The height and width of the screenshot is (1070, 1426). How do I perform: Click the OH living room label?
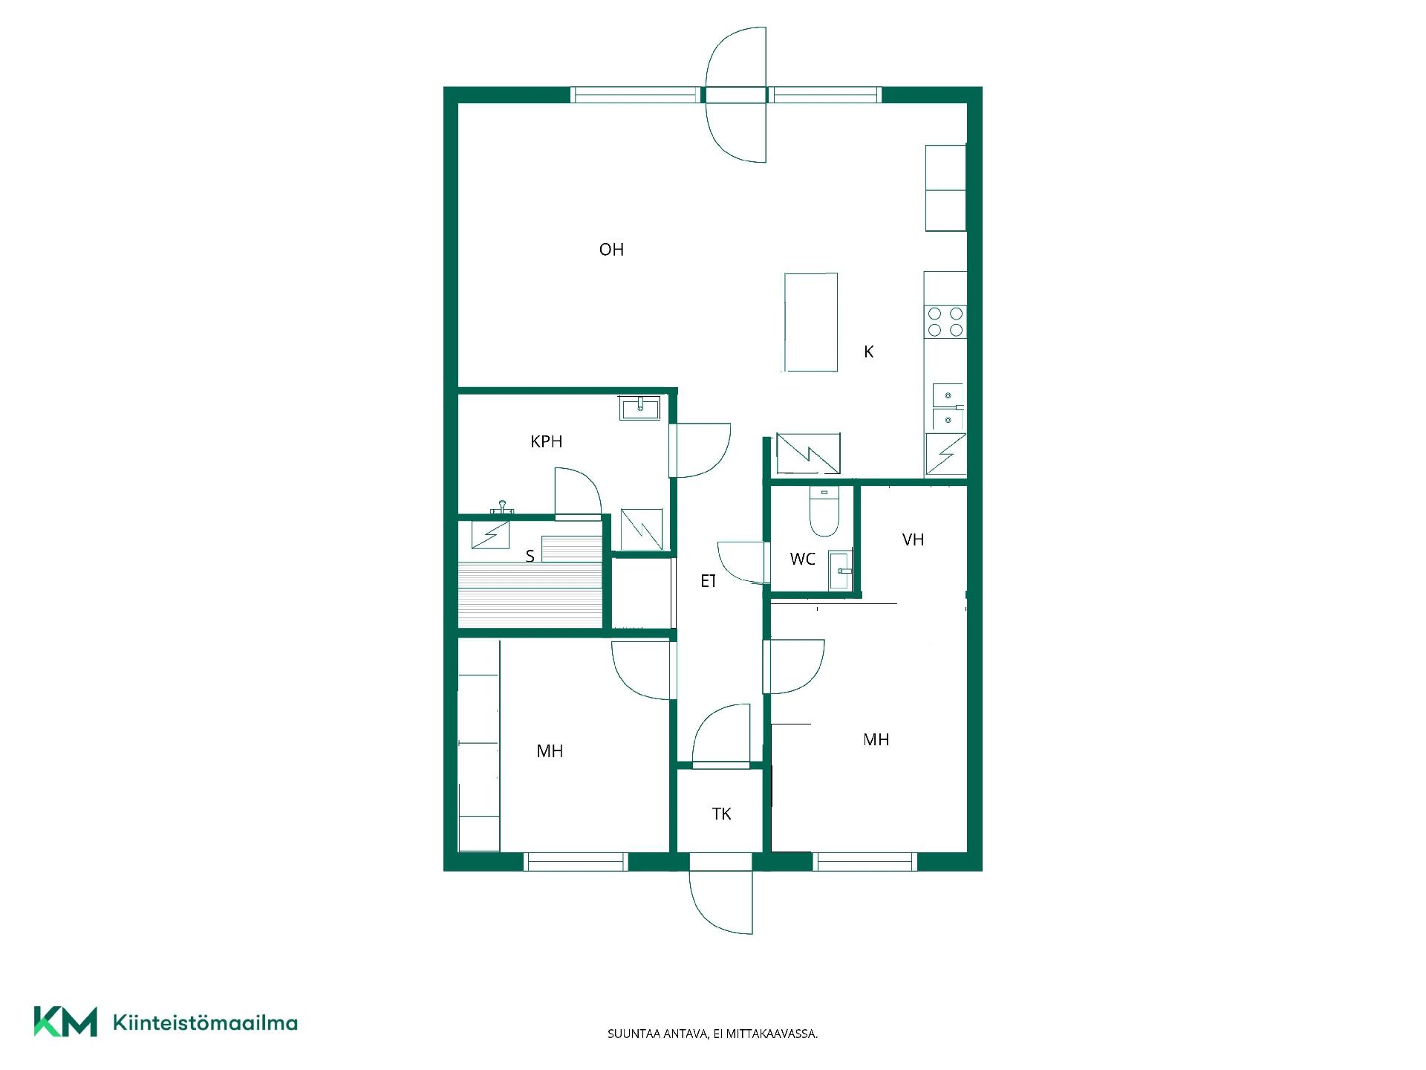coord(611,250)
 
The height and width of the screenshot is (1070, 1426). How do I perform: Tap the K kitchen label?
coord(869,352)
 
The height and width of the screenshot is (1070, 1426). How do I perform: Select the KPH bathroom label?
coord(546,441)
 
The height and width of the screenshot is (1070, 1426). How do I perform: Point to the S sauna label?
coord(530,556)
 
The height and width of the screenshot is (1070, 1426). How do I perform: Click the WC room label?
coord(803,559)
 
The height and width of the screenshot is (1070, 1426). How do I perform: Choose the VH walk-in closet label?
coord(913,539)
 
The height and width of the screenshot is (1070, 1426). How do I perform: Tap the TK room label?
coord(721,814)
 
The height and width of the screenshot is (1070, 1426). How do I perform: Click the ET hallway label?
coord(709,581)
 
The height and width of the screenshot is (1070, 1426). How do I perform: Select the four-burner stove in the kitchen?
coord(945,322)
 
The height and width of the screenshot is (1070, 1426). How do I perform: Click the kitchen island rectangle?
coord(811,322)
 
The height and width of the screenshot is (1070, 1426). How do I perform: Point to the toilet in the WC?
coord(824,511)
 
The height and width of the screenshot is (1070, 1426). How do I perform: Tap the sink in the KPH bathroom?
coord(639,408)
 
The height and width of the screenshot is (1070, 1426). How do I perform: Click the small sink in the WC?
coord(840,571)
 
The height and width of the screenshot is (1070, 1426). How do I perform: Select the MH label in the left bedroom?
coord(550,751)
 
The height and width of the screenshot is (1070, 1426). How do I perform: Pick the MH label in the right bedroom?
coord(876,739)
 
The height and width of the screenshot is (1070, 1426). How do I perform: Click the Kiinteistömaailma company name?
coord(205,1023)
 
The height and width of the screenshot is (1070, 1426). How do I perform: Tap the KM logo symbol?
coord(65,1022)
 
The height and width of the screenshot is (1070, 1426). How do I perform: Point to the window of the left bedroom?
coord(576,862)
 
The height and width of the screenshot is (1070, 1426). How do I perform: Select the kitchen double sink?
coord(948,407)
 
